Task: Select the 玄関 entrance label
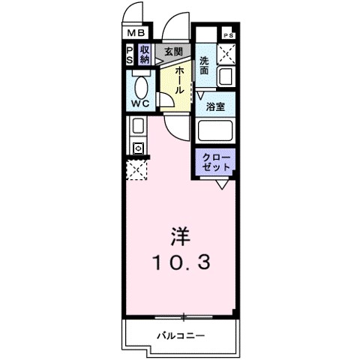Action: point(173,51)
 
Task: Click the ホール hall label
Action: point(180,78)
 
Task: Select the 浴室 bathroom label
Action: point(215,106)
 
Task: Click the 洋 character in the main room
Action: point(179,236)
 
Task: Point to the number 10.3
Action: point(179,262)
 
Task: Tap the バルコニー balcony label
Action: point(180,334)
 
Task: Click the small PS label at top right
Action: point(228,35)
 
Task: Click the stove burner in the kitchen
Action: point(138,148)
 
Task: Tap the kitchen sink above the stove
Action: point(138,127)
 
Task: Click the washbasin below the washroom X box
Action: point(226,76)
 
